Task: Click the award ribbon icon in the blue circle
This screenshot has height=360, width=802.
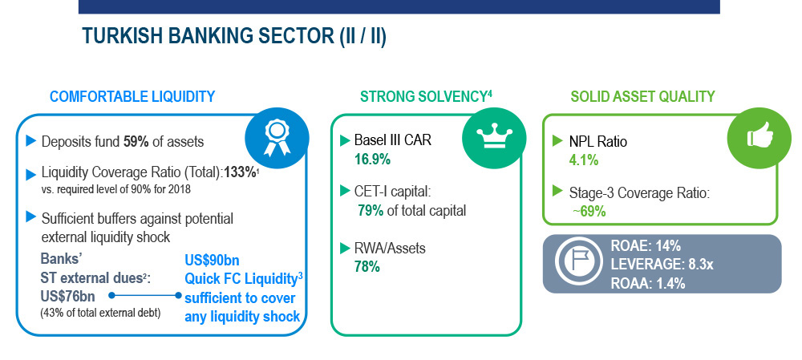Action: point(277,138)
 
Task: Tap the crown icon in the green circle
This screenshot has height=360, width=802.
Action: point(494,138)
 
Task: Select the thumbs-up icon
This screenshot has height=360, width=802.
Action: point(759,136)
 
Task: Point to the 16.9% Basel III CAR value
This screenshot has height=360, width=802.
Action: point(372,160)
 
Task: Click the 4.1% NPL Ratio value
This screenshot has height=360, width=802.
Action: point(584,160)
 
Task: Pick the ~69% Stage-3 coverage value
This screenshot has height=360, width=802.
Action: point(589,211)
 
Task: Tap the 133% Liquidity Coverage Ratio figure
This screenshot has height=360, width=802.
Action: point(240,173)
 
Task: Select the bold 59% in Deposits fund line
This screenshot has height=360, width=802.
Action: point(136,142)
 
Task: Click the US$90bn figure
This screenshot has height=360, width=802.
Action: point(212,259)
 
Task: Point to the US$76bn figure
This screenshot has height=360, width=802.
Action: point(67,296)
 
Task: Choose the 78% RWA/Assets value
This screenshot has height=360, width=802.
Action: point(367,266)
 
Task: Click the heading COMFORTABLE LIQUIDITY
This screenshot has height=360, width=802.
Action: point(132,96)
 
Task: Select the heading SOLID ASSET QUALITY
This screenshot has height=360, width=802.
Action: point(643,96)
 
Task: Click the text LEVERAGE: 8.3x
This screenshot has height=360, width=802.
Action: point(654,265)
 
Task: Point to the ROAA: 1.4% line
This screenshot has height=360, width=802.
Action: point(648,284)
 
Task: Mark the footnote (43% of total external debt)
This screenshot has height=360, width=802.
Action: point(100,313)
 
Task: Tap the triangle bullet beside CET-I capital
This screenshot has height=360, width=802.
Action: point(345,192)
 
